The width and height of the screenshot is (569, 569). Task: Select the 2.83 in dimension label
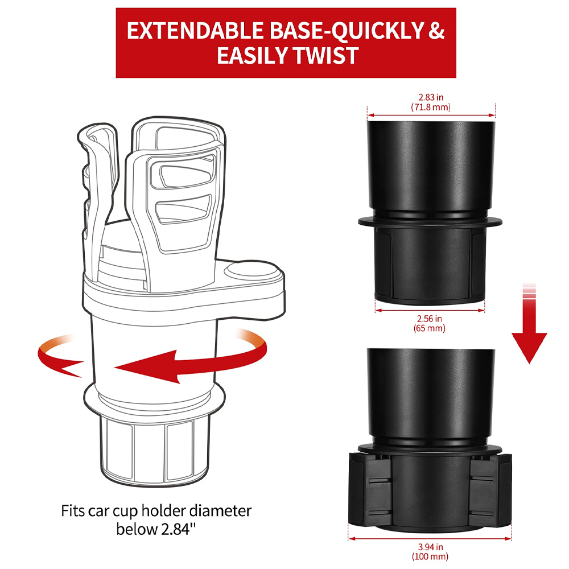pyautogui.click(x=431, y=97)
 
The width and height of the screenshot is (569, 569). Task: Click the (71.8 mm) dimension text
pyautogui.click(x=431, y=106)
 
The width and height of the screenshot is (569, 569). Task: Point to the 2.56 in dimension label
pyautogui.click(x=430, y=319)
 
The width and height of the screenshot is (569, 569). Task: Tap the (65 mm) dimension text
pyautogui.click(x=430, y=328)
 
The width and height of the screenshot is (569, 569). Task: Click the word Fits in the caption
pyautogui.click(x=75, y=510)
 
